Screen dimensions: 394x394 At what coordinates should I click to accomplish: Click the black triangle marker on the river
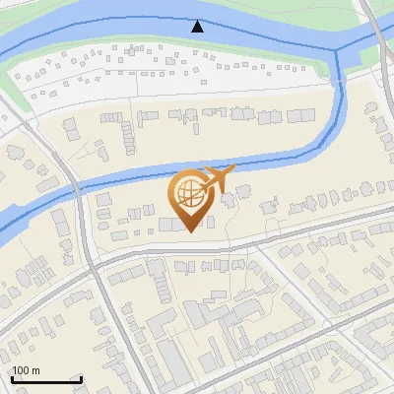click(x=199, y=27)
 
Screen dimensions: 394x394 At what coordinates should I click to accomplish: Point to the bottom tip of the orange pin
click(x=189, y=231)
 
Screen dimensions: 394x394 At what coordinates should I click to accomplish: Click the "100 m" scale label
click(x=27, y=370)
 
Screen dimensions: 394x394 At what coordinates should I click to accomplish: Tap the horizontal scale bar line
click(x=46, y=379)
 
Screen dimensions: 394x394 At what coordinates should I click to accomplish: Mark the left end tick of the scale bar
click(x=13, y=377)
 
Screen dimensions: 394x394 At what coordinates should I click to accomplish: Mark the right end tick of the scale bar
click(x=81, y=377)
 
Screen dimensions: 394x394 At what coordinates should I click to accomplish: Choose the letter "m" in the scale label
click(x=34, y=370)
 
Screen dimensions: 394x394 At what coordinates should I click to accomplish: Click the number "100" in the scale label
click(x=22, y=370)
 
